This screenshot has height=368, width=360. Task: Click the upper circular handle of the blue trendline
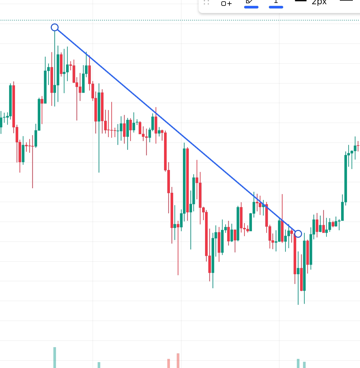click(55, 27)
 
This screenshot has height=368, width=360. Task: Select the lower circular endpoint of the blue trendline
click(298, 234)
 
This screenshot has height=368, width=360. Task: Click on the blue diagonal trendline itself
click(176, 130)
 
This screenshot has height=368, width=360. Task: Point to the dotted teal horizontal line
click(130, 20)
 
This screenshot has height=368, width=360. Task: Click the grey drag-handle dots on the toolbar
click(206, 3)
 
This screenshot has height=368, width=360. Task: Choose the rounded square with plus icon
click(226, 4)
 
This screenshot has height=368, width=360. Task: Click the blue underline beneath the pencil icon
click(251, 7)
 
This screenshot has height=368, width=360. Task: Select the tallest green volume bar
click(55, 357)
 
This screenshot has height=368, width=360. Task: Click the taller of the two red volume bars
click(178, 360)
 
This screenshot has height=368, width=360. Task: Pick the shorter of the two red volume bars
click(169, 363)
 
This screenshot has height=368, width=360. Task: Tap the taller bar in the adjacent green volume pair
click(298, 363)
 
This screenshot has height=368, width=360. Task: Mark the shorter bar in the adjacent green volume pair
click(304, 365)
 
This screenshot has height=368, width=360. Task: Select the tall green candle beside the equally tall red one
click(184, 181)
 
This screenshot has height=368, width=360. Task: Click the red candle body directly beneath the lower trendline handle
click(295, 254)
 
